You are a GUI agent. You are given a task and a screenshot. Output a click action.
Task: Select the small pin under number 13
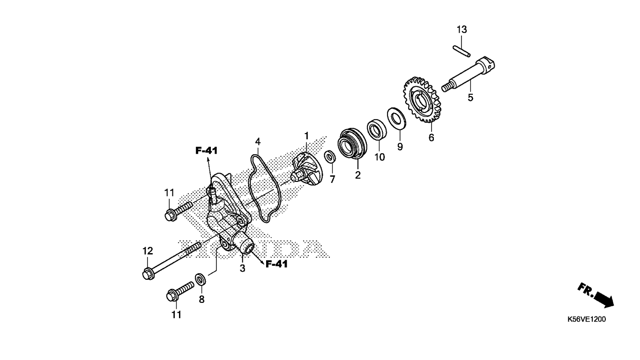tap(461, 51)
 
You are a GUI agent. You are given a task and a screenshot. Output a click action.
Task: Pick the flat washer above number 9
tap(396, 118)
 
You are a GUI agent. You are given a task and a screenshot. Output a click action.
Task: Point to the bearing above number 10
tap(377, 130)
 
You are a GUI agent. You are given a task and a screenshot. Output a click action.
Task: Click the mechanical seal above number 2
tap(352, 143)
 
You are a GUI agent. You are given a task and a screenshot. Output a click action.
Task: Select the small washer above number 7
tap(330, 157)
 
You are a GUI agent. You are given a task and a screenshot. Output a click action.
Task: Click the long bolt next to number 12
tap(172, 261)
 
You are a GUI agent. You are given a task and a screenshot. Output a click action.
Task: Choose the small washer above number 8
tap(200, 279)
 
